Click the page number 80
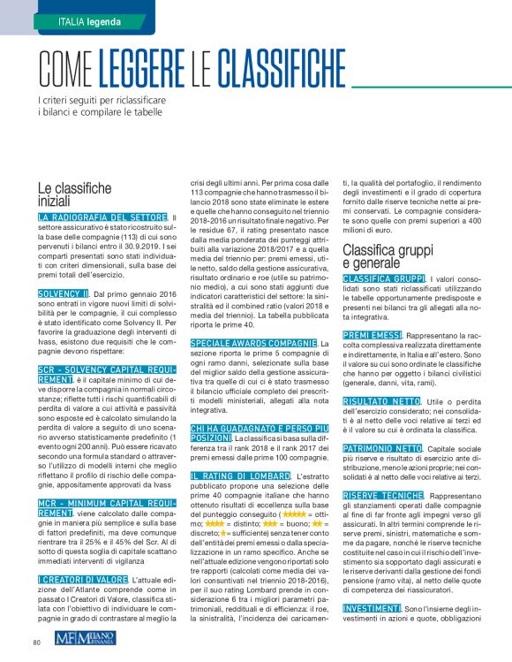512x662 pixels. click(38, 642)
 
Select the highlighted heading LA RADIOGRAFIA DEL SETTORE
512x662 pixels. click(103, 217)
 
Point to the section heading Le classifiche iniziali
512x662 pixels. click(74, 194)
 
